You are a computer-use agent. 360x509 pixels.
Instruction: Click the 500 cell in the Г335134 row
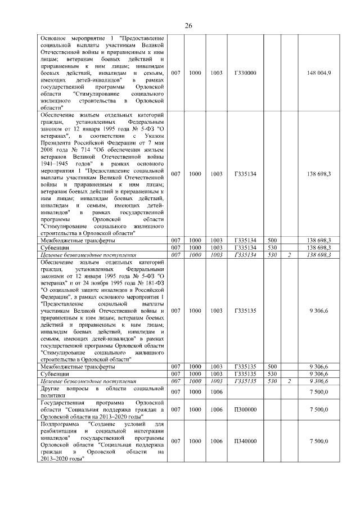click(x=272, y=240)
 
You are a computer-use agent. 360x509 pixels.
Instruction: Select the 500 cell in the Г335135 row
click(x=272, y=366)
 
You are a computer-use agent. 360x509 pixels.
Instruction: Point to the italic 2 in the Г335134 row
click(x=289, y=255)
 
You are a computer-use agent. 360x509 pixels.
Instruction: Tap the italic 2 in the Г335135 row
click(x=289, y=381)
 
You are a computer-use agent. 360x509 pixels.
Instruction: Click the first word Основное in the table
click(x=55, y=38)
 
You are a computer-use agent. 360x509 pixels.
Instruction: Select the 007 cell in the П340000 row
click(x=175, y=442)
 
